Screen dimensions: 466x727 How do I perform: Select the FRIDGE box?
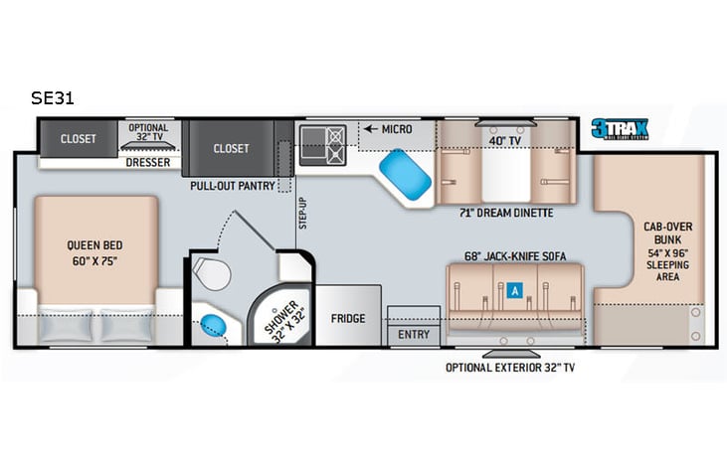pos(348,319)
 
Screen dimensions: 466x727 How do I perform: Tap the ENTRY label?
pos(413,335)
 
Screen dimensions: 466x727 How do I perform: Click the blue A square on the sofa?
pos(513,291)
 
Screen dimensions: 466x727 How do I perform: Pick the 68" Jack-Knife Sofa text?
pos(515,256)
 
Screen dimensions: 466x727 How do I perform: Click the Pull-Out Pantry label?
pos(233,185)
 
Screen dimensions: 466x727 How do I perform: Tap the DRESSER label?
pos(148,162)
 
